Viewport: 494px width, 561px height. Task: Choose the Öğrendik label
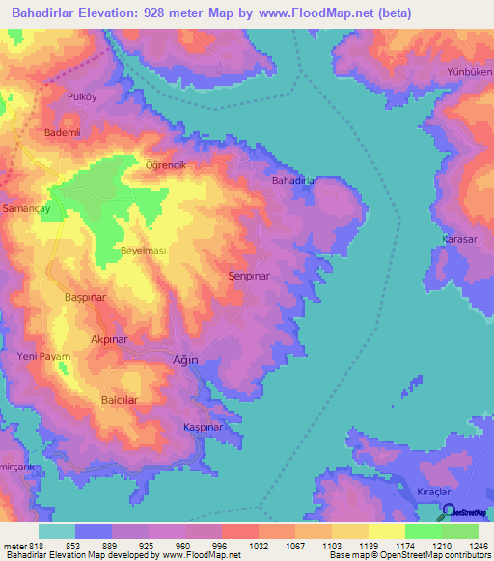tap(164, 165)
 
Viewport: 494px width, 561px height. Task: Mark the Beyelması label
tap(144, 251)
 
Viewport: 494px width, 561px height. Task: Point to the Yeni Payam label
tap(44, 358)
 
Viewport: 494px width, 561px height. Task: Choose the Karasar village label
tap(460, 238)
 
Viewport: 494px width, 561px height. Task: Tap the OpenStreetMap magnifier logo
tap(446, 511)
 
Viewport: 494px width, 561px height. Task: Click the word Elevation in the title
tap(122, 13)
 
